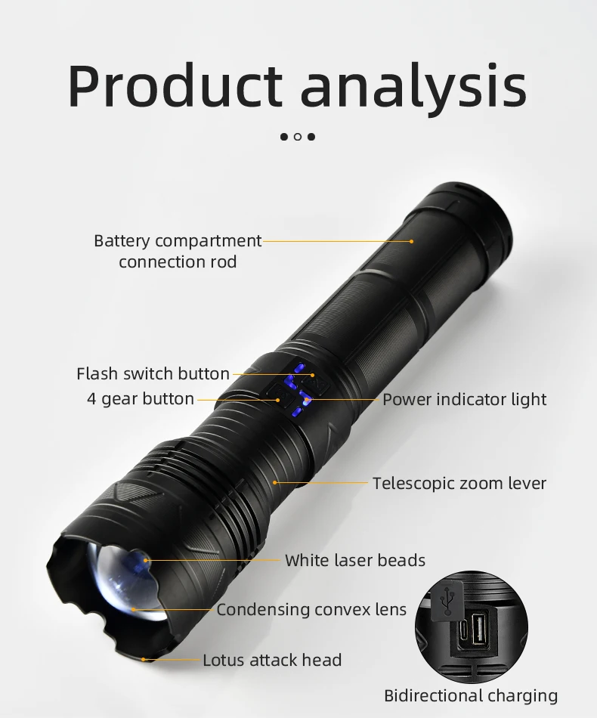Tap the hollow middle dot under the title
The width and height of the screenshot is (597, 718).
298,137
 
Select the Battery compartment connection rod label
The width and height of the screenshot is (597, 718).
178,251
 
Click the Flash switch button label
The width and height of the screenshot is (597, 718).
153,373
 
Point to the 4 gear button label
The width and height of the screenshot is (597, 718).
140,399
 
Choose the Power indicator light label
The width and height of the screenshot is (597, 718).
464,399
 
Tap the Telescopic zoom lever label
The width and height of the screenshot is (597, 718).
459,483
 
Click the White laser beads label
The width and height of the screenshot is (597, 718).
355,560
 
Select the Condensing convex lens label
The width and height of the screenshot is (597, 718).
311,609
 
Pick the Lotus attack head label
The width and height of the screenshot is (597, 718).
272,660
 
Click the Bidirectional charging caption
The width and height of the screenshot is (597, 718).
470,696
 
